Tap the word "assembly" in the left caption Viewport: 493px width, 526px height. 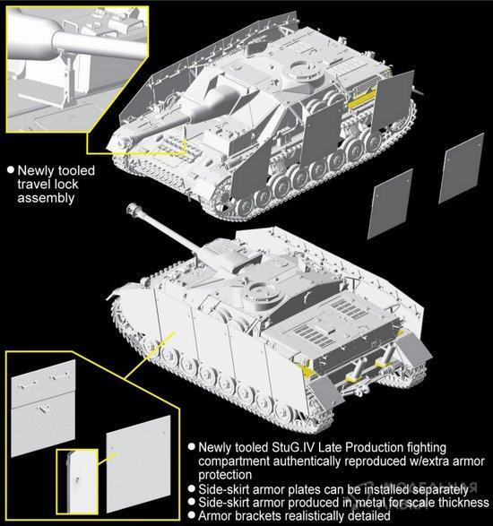46,198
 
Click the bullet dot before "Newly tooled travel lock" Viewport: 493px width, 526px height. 11,169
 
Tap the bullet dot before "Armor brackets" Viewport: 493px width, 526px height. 191,515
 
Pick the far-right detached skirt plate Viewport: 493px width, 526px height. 462,168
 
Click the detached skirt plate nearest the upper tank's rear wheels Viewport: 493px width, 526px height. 390,204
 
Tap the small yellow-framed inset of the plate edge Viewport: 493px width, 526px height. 77,481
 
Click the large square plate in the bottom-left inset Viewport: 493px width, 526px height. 139,464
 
